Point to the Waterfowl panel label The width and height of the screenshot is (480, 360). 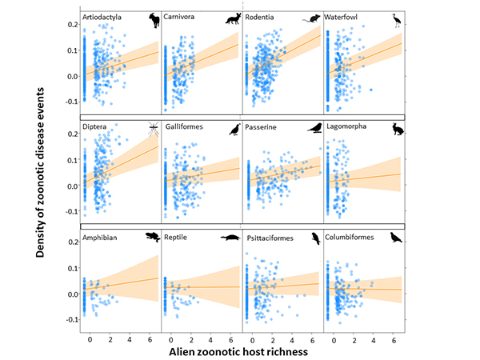tap(346, 17)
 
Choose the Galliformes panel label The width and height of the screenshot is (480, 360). tap(187, 126)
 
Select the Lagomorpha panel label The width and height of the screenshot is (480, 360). tap(350, 126)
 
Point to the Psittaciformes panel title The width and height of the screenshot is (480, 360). tap(273, 237)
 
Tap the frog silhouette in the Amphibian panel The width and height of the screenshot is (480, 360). tap(150, 237)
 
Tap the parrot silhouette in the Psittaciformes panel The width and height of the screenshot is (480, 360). tap(315, 238)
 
